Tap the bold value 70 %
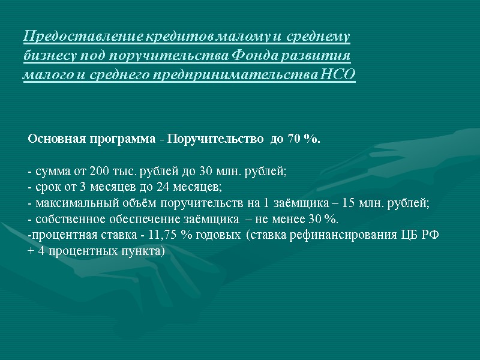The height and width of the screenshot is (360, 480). tap(303, 139)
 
